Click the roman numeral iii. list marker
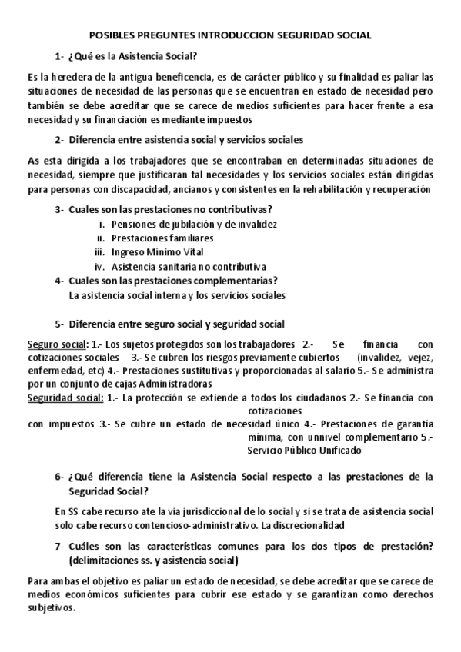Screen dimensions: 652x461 [x=99, y=251]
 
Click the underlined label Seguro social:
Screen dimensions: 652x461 [x=57, y=344]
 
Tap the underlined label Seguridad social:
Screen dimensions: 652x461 [x=65, y=398]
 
